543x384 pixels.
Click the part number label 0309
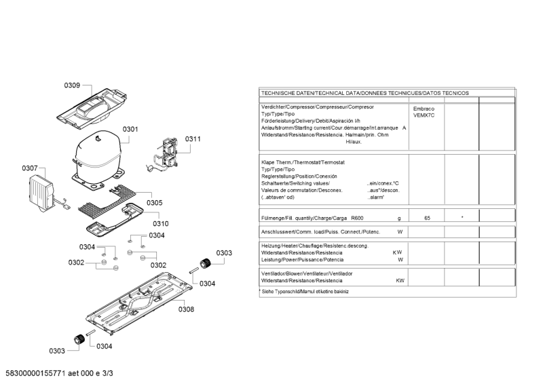(x=73, y=85)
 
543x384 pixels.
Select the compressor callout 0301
(x=130, y=129)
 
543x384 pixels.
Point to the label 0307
(x=30, y=168)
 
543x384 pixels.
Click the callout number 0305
(x=154, y=202)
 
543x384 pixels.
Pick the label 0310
(x=160, y=223)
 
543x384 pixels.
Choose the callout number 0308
(x=186, y=309)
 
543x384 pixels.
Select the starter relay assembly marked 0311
(x=166, y=153)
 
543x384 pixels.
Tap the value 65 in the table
(x=427, y=218)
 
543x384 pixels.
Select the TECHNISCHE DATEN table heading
(x=364, y=93)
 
